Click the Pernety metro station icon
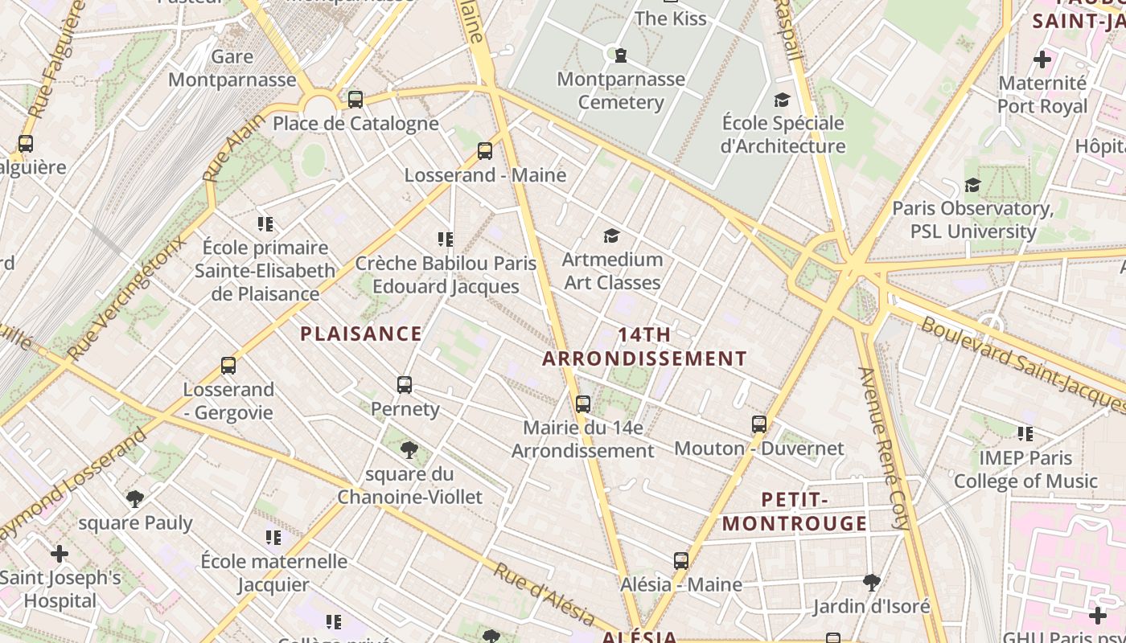click(405, 385)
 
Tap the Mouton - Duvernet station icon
click(759, 424)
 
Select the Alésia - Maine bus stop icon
click(681, 561)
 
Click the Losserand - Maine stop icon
click(484, 151)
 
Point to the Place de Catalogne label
click(355, 124)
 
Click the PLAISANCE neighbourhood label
click(360, 334)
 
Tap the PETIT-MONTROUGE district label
click(794, 512)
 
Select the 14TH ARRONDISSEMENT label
click(644, 346)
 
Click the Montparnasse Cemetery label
click(621, 91)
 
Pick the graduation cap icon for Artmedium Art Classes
click(612, 235)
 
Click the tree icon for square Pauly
click(135, 499)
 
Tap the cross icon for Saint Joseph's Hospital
click(60, 554)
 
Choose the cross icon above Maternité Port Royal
click(1042, 59)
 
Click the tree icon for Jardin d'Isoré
click(871, 582)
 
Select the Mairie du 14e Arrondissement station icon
click(583, 404)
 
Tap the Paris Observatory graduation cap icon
click(972, 186)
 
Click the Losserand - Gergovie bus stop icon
click(228, 366)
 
